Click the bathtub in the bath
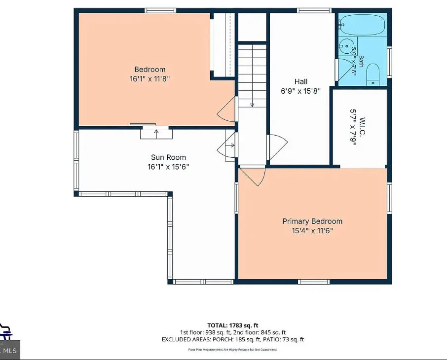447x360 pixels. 362,25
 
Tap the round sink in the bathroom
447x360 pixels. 346,46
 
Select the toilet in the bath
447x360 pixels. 373,74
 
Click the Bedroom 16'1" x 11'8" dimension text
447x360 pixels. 150,79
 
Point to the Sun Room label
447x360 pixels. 168,157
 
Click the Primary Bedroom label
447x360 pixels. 312,221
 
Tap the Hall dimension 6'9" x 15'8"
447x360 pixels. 301,91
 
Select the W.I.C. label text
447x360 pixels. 362,126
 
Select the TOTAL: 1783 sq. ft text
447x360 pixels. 232,325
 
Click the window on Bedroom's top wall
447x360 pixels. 160,10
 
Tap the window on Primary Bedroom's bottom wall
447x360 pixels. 314,282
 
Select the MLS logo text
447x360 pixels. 10,351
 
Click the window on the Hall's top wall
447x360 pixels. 314,10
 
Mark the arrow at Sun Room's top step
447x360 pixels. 156,134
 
